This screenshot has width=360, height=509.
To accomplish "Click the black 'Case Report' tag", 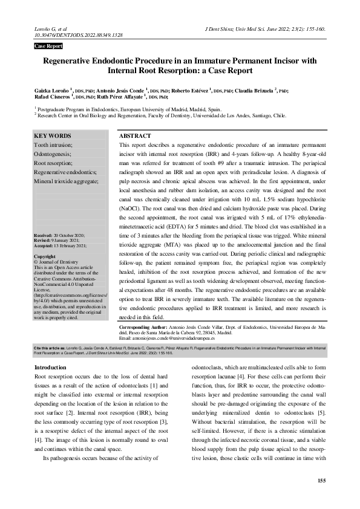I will point(48,46).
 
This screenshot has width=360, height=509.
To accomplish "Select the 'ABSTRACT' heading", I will point(135,136).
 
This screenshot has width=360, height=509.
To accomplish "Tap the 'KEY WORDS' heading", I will point(53,136).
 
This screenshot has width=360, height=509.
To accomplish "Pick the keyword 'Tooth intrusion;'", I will point(54,145).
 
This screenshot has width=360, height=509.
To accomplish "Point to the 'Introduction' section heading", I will point(50,368).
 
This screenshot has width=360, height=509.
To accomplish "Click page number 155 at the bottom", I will point(321,480).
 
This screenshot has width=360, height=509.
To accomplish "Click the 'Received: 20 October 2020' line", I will point(59,235).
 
